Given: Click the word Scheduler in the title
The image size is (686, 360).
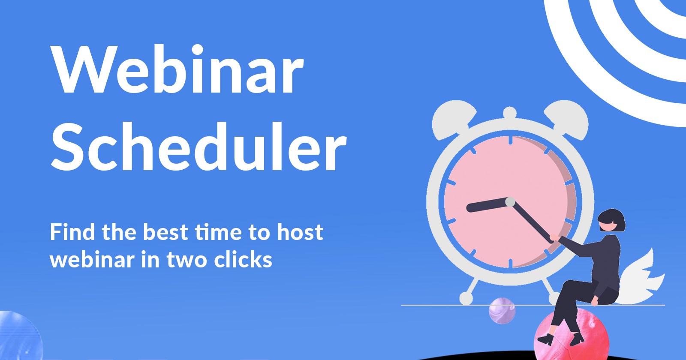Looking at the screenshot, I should click(199, 147).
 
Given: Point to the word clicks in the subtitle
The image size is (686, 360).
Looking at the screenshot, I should click(243, 260).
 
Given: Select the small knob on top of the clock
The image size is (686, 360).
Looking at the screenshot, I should click(510, 113).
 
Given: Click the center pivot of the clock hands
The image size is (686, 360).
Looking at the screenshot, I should click(510, 201).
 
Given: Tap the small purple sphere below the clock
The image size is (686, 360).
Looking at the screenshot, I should click(502, 311).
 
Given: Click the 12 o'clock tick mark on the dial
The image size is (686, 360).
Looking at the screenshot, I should click(510, 141).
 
